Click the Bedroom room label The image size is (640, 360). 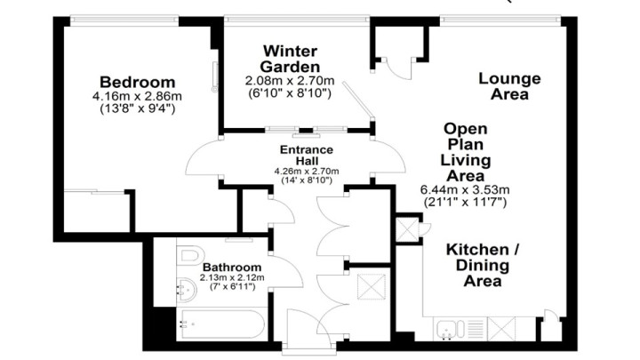click(138, 82)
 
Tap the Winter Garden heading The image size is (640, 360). click(290, 59)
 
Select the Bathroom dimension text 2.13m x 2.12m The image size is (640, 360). click(232, 277)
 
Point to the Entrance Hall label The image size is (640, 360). click(307, 155)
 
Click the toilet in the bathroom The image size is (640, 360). click(190, 255)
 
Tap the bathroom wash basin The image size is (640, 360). click(187, 290)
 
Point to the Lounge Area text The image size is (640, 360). click(509, 86)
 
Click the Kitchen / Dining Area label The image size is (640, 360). click(483, 265)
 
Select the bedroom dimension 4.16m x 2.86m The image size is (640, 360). click(137, 97)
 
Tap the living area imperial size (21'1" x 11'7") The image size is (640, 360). click(465, 202)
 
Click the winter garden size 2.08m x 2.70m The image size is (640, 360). click(290, 80)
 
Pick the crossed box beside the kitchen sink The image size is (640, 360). click(501, 328)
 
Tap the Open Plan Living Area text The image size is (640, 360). click(466, 152)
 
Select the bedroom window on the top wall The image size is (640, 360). click(124, 20)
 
